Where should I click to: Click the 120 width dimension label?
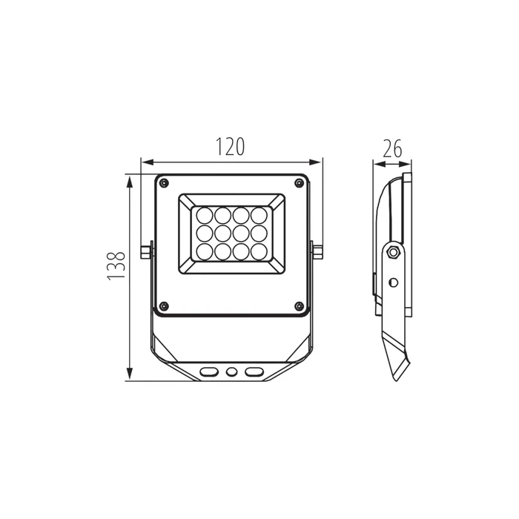[231, 147]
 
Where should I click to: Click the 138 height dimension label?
[116, 265]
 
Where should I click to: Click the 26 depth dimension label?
[392, 148]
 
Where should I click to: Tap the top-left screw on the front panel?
[164, 182]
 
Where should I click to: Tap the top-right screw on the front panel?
[299, 182]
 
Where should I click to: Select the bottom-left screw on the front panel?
[164, 306]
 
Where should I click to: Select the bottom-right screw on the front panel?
[299, 306]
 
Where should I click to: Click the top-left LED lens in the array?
[205, 215]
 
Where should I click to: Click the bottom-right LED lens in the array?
[259, 251]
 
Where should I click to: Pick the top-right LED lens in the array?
[259, 215]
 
